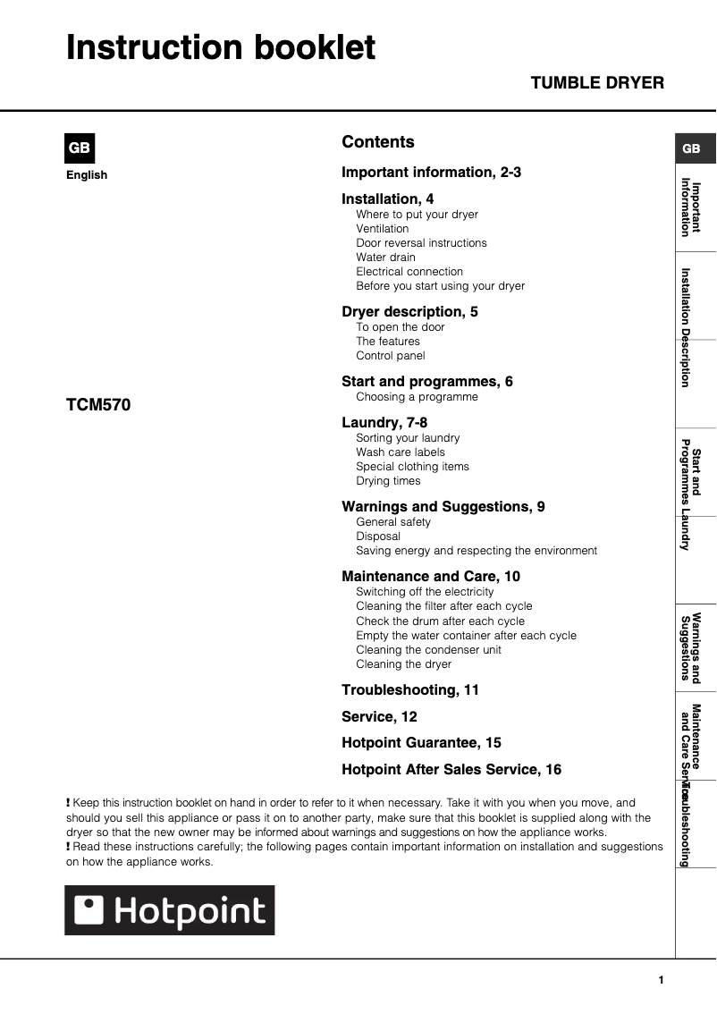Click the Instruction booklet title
(x=221, y=47)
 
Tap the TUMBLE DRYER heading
(x=597, y=83)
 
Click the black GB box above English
(x=80, y=148)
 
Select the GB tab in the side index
(x=692, y=149)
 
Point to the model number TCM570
(x=98, y=405)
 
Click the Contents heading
(x=378, y=142)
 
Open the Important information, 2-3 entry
(x=431, y=172)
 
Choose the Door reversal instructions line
(x=421, y=243)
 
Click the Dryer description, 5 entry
(x=409, y=311)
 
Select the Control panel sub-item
(x=390, y=356)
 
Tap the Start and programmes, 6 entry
(x=427, y=381)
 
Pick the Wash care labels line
(x=400, y=452)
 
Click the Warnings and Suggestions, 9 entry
(x=443, y=506)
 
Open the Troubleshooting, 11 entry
(x=410, y=689)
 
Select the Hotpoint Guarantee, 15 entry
(x=421, y=742)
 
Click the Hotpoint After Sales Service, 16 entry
(x=451, y=769)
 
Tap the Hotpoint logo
(x=170, y=910)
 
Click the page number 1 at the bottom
(x=661, y=981)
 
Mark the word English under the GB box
(x=87, y=175)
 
